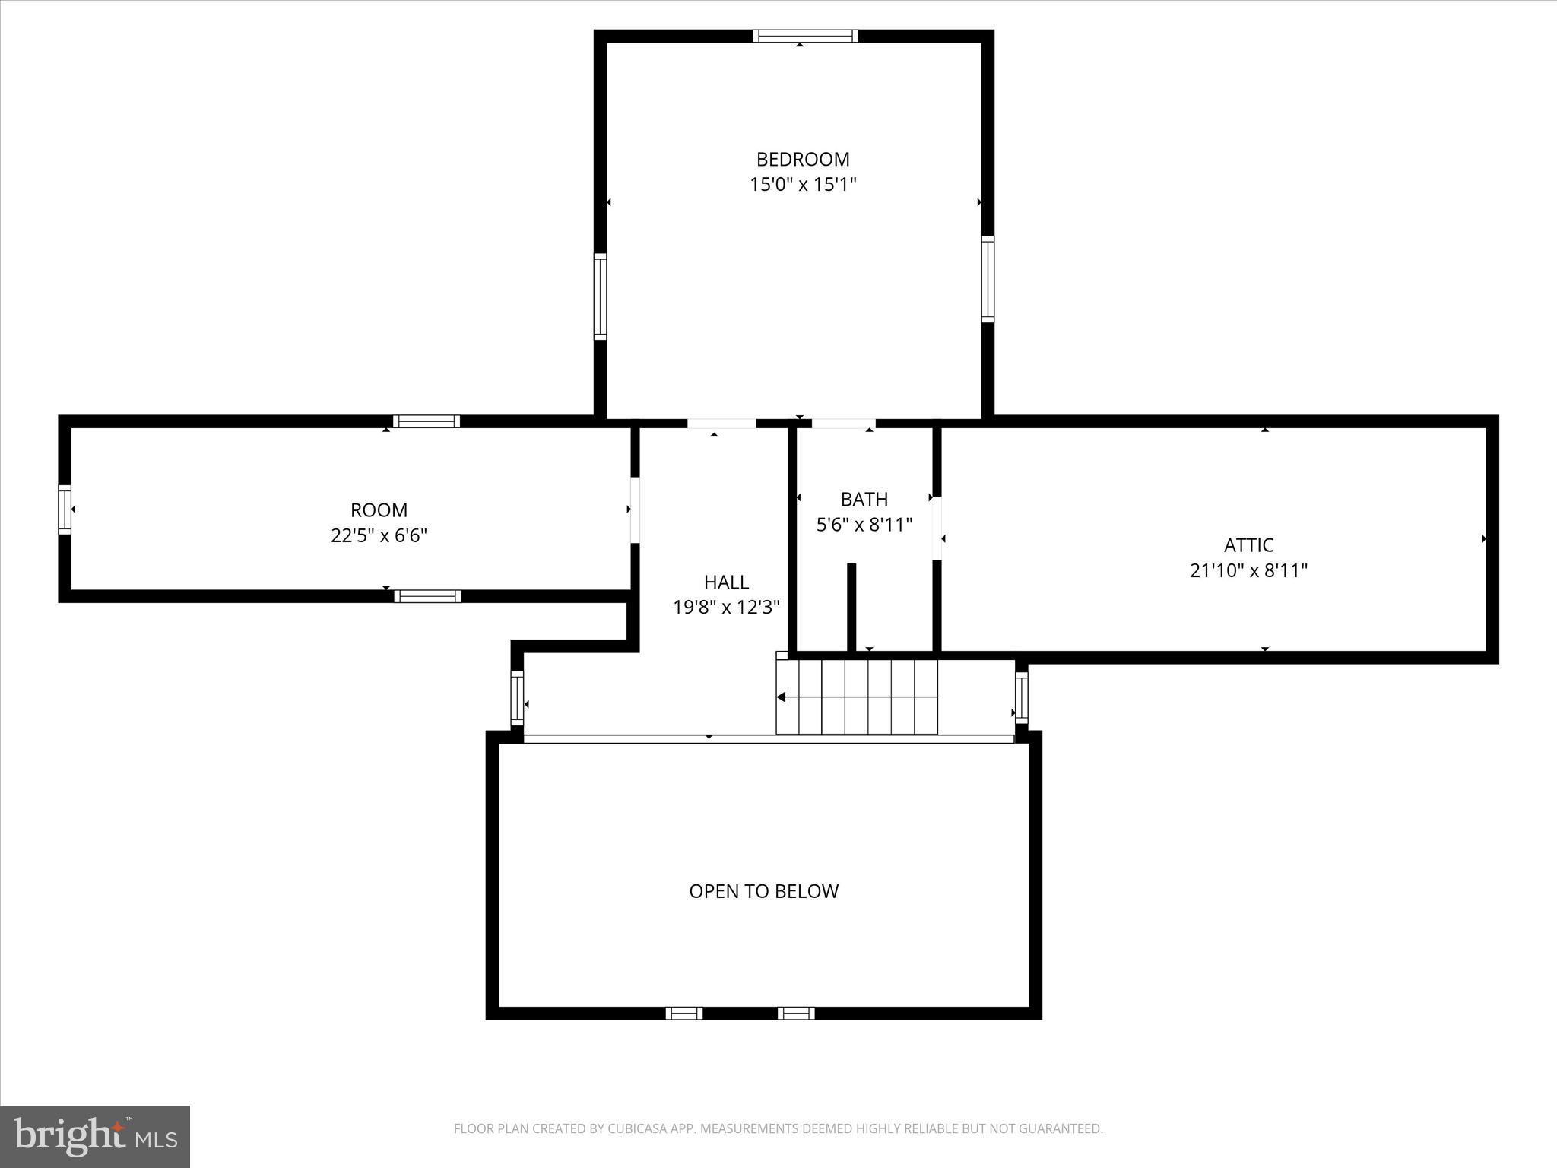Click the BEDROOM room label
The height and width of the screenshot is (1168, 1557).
802,159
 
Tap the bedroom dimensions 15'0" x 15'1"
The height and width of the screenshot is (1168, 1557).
803,184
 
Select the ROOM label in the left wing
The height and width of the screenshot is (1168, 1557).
379,509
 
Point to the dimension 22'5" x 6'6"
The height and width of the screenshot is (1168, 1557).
379,535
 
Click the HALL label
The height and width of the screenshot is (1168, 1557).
726,582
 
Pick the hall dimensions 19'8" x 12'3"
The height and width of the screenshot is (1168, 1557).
726,608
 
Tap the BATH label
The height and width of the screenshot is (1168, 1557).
864,499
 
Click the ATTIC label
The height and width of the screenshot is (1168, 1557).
1248,545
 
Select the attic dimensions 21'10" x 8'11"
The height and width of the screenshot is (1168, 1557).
1248,570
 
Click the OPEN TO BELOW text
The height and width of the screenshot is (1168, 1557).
763,891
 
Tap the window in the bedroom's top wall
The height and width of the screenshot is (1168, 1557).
805,36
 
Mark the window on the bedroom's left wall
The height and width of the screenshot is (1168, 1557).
600,297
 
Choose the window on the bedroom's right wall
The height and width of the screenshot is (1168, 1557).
988,279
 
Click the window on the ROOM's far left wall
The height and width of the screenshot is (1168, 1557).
65,509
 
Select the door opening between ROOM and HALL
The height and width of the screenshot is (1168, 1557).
635,509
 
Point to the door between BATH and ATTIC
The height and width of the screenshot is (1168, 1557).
937,528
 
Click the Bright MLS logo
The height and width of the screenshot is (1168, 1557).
95,1136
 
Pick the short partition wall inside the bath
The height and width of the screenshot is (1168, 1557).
851,607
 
